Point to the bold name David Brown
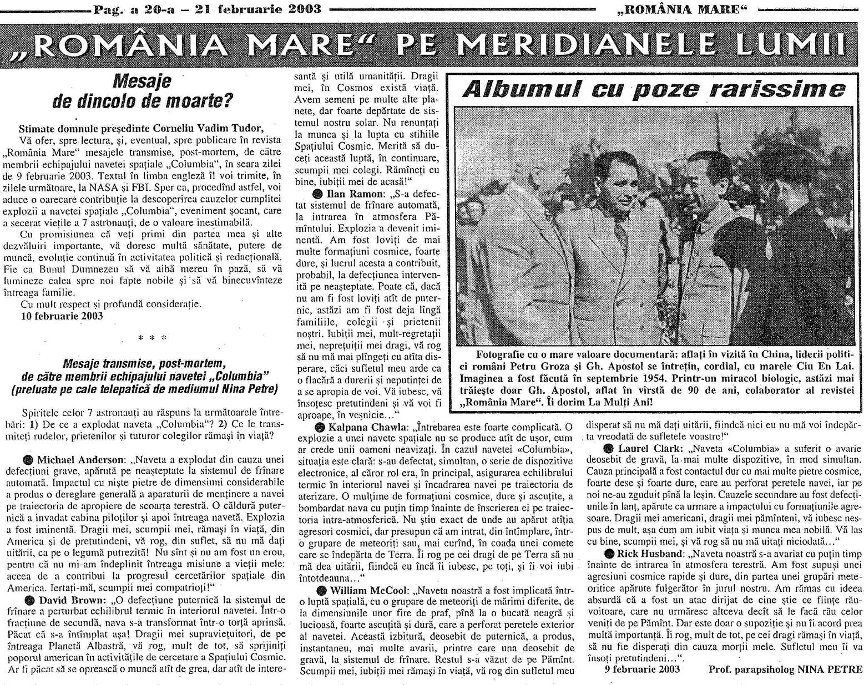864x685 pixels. pyautogui.click(x=71, y=600)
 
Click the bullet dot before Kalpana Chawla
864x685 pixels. pyautogui.click(x=320, y=427)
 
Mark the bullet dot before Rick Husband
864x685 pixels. pyautogui.click(x=609, y=554)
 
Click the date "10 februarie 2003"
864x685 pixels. pyautogui.click(x=62, y=316)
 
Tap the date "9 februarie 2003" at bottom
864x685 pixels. pyautogui.click(x=642, y=669)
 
